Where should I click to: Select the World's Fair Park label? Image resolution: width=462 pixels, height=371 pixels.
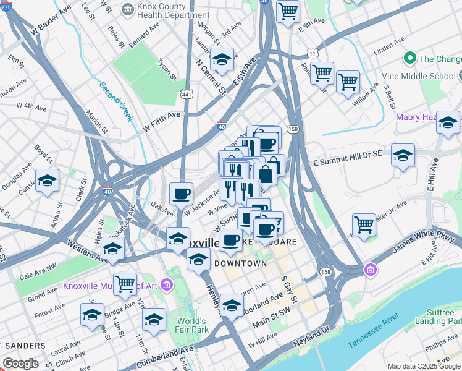click(191, 326)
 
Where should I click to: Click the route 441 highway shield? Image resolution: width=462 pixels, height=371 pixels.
click(186, 94)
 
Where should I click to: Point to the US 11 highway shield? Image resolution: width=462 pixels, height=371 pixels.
click(314, 54)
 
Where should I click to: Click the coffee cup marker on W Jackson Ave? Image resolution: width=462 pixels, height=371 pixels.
click(181, 194)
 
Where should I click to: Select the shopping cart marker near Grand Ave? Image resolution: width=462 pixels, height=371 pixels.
click(125, 284)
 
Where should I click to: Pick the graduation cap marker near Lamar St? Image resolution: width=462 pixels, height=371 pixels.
click(222, 59)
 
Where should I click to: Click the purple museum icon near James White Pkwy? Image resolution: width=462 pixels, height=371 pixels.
click(370, 270)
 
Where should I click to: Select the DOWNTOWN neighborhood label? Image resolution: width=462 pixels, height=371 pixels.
click(240, 263)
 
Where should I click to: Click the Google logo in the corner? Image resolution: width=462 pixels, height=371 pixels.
click(21, 364)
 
